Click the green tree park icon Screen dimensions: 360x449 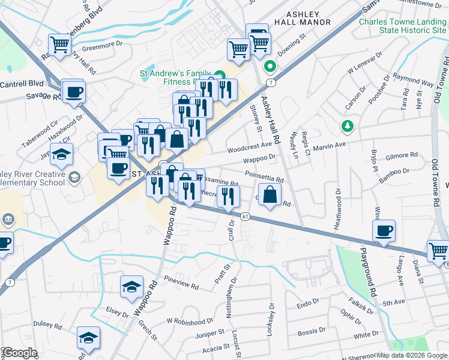coord(346,126)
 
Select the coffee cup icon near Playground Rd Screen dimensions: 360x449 coord(384,230)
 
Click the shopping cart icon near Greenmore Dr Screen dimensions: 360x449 coord(60,45)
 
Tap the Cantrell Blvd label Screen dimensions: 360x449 coord(22,84)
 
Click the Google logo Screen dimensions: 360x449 coord(20,352)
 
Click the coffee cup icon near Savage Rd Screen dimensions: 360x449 coord(74,92)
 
